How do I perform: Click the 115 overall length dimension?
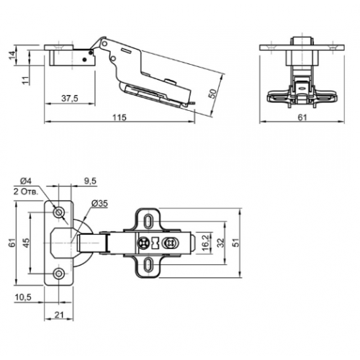[120, 117]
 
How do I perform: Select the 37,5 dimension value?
[70, 99]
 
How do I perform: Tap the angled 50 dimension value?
[212, 94]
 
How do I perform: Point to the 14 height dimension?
[12, 55]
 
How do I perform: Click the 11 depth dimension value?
[25, 80]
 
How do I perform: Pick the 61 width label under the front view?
[302, 117]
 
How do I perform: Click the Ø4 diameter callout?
[26, 181]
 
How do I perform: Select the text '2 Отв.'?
[26, 192]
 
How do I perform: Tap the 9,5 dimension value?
[90, 181]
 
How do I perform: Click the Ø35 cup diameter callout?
[99, 204]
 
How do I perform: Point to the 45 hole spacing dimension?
[26, 243]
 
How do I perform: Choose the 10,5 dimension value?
[23, 297]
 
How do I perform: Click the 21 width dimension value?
[59, 315]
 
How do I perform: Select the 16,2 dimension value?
[205, 243]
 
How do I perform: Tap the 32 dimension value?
[220, 243]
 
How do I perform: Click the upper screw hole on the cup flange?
[58, 212]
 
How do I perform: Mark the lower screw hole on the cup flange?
[58, 273]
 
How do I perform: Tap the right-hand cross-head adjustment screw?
[170, 243]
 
